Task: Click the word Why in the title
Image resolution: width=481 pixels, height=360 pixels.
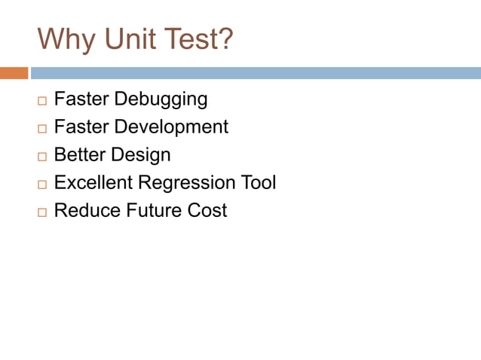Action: click(66, 39)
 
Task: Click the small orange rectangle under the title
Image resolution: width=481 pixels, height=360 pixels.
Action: click(14, 73)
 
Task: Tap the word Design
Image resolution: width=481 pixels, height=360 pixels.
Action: click(141, 154)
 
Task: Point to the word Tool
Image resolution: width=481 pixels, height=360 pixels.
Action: click(259, 182)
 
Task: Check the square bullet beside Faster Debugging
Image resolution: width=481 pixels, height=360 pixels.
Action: click(41, 100)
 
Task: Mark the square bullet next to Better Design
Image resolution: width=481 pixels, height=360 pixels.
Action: click(41, 156)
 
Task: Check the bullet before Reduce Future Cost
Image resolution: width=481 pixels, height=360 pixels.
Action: click(41, 212)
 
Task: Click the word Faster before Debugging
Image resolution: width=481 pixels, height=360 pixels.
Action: click(81, 99)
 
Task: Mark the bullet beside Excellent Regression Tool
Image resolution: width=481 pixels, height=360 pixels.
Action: click(41, 184)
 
